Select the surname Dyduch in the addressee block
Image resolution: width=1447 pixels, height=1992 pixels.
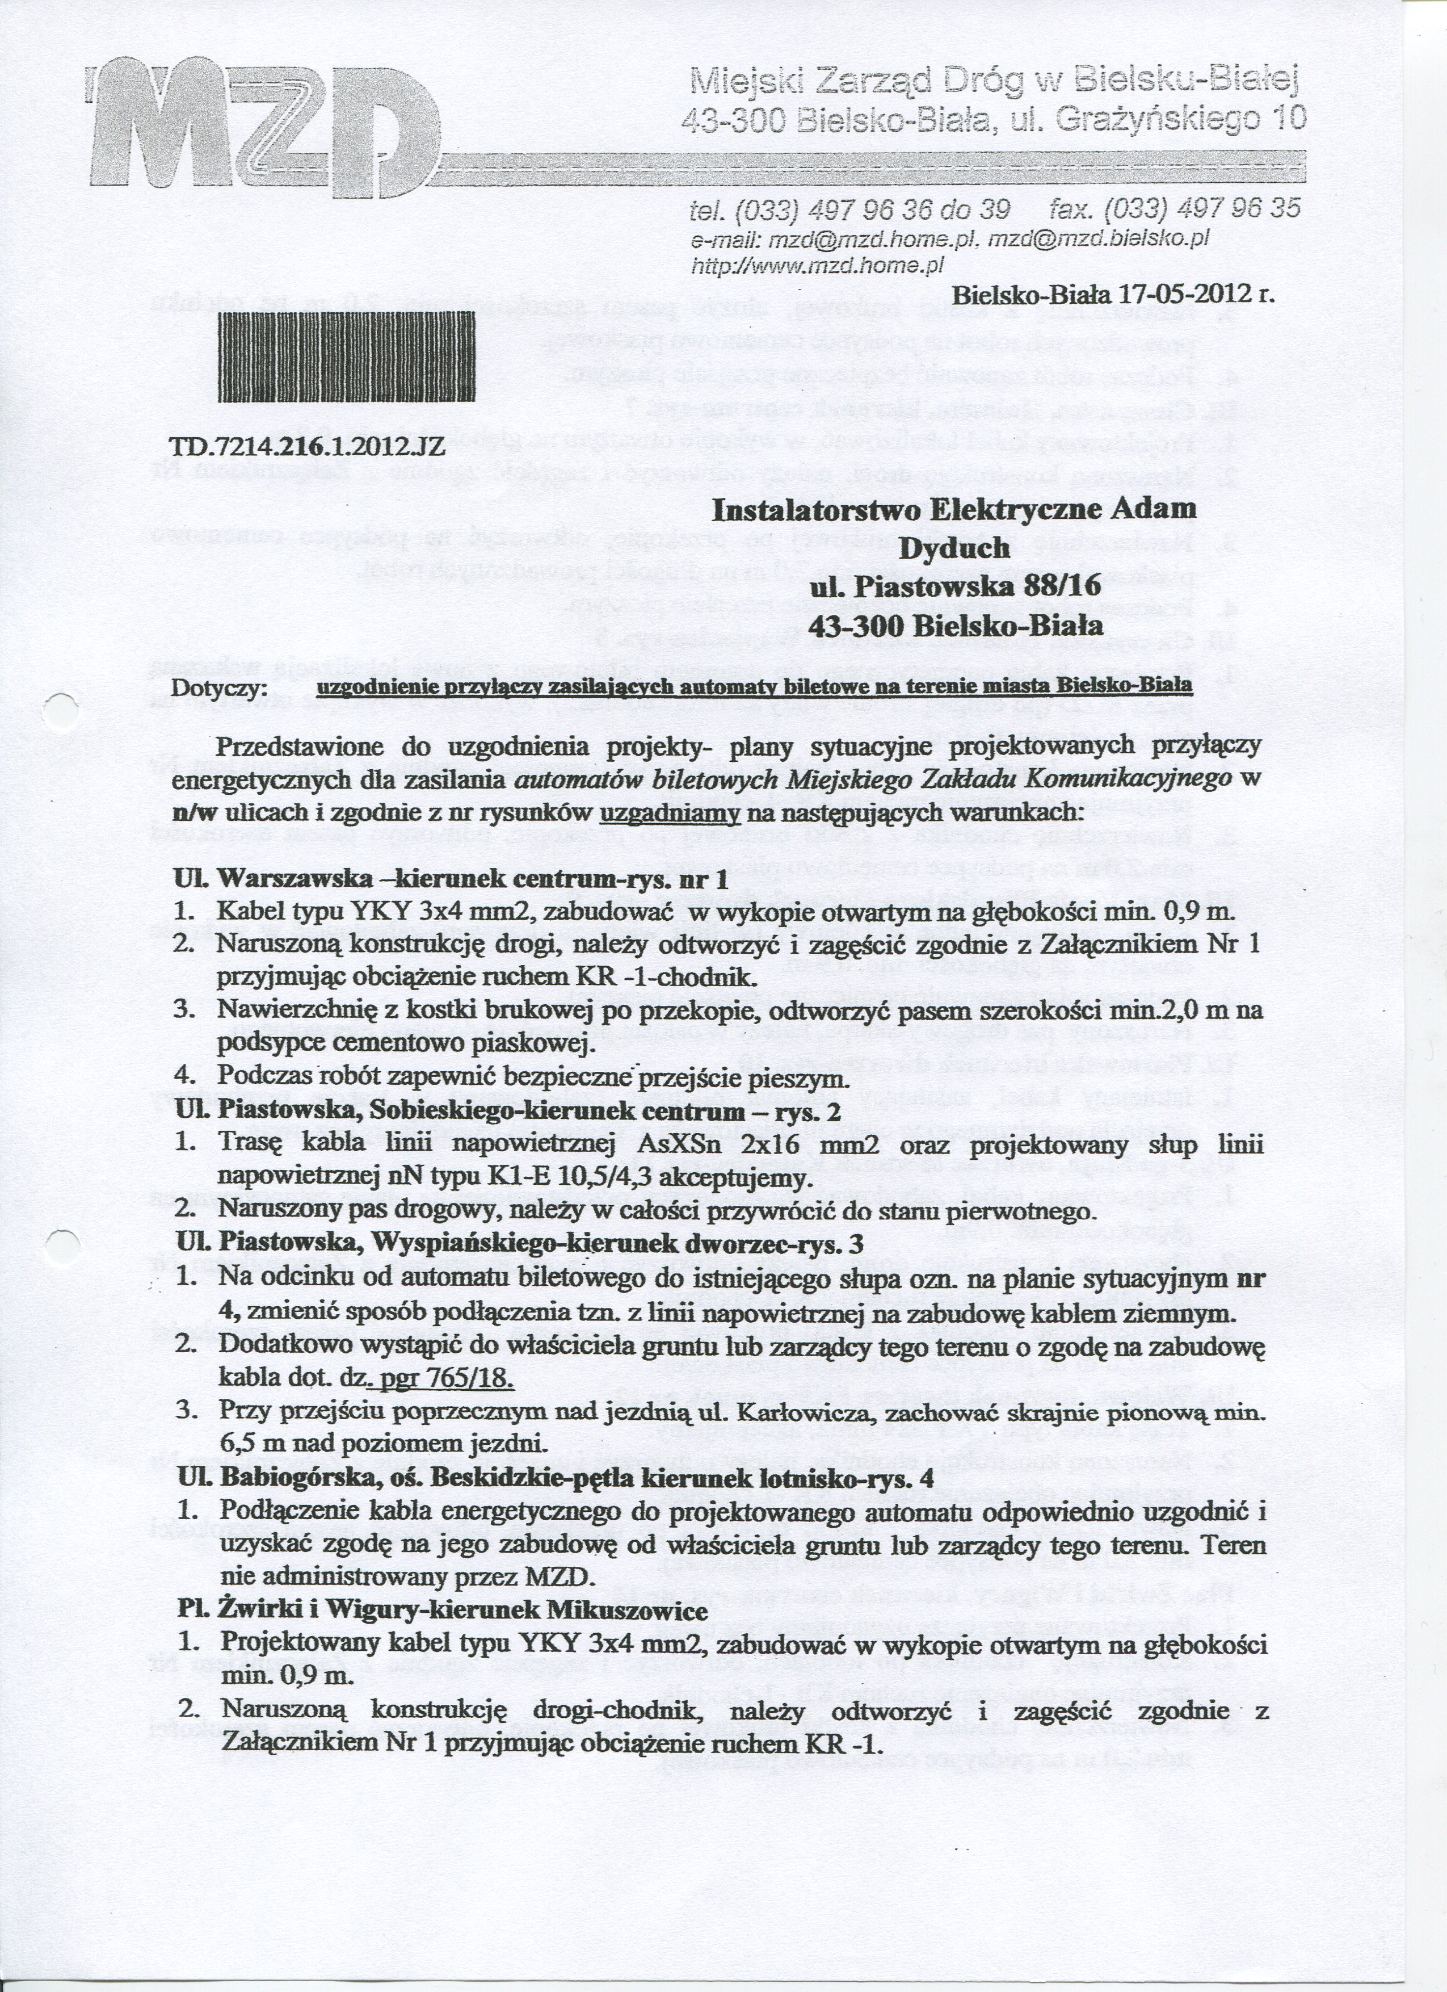tap(953, 547)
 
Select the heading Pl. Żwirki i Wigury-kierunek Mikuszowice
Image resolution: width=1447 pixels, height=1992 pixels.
tap(441, 1611)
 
